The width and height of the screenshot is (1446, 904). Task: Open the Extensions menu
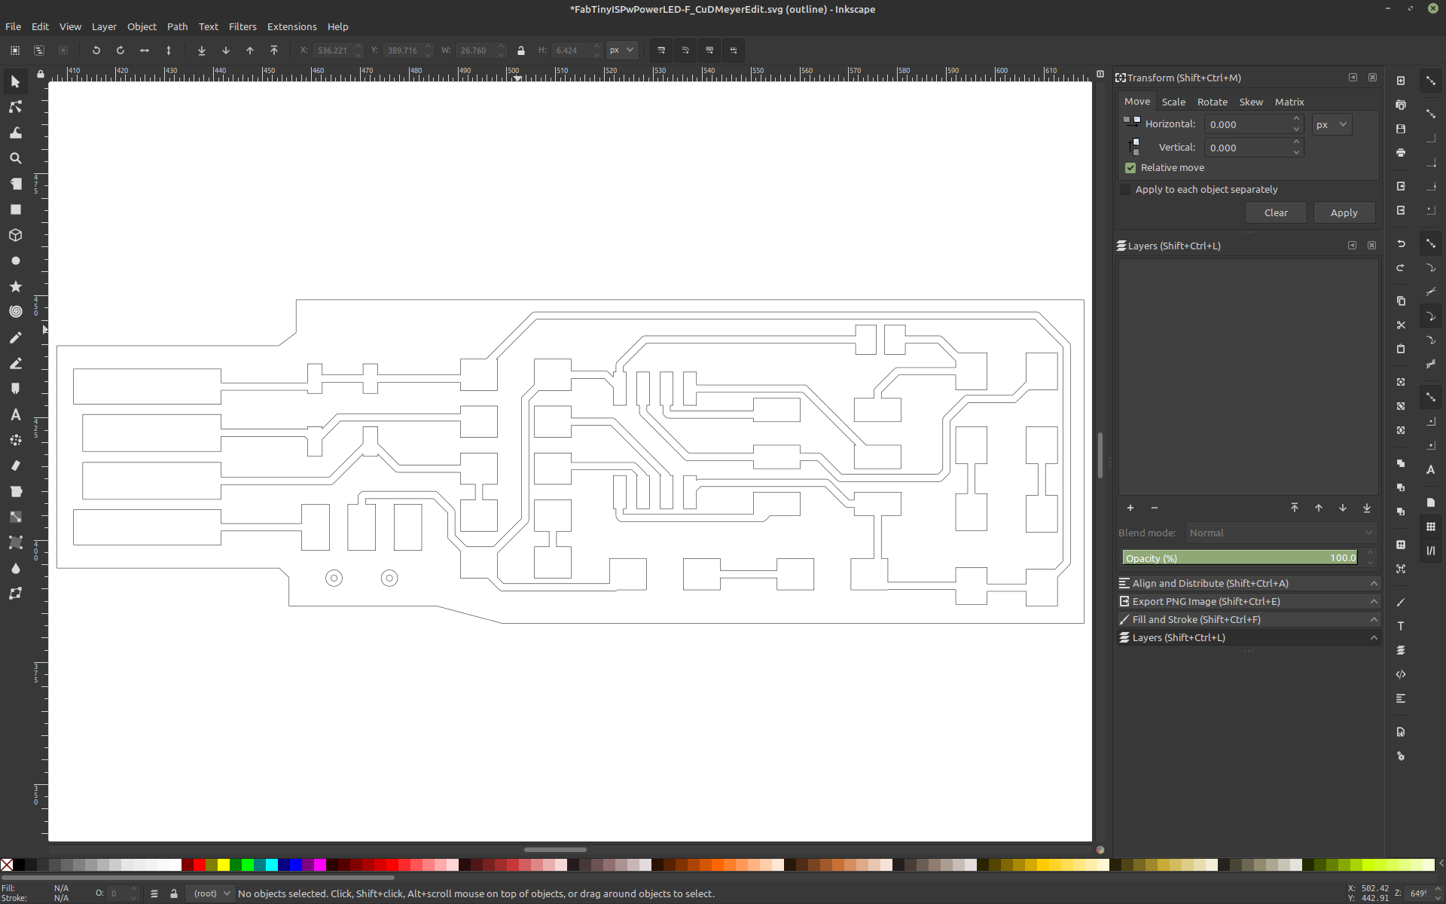[x=291, y=26]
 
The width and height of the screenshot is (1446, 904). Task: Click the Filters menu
[x=243, y=26]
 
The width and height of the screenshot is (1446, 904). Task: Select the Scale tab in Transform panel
[x=1173, y=102]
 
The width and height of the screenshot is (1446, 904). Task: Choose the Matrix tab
[x=1289, y=102]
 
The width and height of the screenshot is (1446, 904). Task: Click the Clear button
[x=1276, y=212]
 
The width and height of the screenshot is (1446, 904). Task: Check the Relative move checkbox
[x=1130, y=168]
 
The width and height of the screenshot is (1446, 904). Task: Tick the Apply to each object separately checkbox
[x=1125, y=190]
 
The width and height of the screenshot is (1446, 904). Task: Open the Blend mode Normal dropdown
[x=1281, y=533]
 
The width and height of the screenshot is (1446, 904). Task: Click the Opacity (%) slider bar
[x=1240, y=558]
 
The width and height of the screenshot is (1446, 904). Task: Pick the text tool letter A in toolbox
[x=15, y=414]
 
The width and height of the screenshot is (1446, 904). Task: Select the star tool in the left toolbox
[x=15, y=286]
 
